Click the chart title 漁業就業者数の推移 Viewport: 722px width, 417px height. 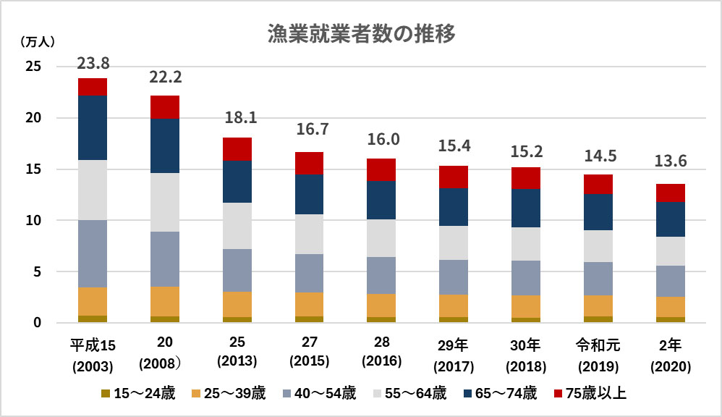point(361,34)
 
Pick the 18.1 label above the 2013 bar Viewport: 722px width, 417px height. point(237,118)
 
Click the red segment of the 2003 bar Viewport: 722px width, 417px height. point(93,87)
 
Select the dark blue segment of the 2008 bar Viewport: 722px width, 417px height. point(165,146)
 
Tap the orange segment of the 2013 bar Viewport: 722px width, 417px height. point(237,304)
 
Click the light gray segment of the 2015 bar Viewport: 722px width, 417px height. point(309,234)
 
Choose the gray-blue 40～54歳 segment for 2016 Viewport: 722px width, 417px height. point(381,275)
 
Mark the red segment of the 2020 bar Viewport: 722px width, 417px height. point(670,193)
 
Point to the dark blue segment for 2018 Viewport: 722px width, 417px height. point(526,208)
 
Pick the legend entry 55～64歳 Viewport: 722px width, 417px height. point(410,394)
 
